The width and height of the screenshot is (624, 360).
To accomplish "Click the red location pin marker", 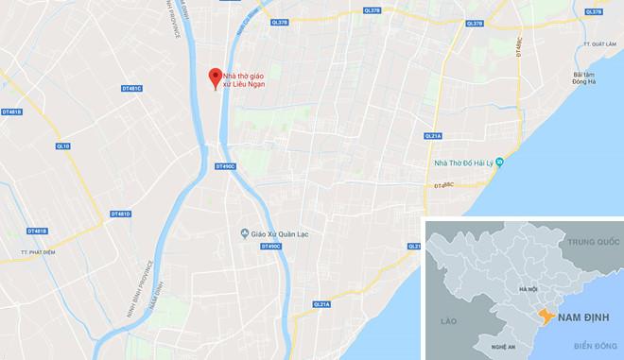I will (216, 77).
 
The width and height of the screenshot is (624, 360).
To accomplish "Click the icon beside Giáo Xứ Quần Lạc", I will (244, 232).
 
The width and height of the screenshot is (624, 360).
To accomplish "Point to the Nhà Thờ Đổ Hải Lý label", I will (463, 162).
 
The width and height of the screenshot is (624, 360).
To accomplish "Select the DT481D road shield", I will (120, 214).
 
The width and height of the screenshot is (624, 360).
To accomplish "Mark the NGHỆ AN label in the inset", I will (503, 348).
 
